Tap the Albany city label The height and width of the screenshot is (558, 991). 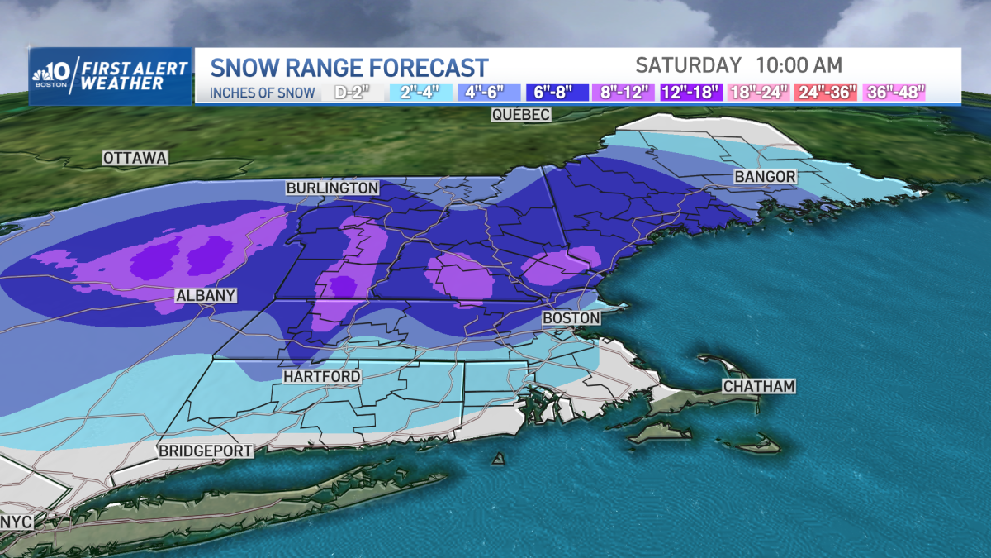pos(206,295)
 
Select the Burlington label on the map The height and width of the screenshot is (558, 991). pos(332,188)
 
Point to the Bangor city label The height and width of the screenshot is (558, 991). pos(765,177)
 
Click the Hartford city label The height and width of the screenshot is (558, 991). pos(321,377)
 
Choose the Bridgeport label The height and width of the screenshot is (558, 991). pos(206,451)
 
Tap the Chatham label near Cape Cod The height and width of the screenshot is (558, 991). pos(758,386)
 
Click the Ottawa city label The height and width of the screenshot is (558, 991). pos(135,157)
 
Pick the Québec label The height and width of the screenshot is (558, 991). pos(520,115)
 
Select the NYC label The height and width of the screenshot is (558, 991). pos(17,522)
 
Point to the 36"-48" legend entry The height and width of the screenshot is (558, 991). pos(892,93)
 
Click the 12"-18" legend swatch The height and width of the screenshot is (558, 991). pos(692,93)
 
